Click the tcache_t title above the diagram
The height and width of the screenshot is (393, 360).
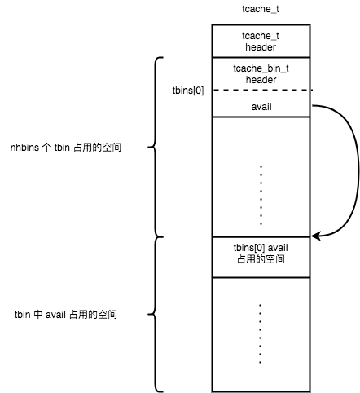point(261,9)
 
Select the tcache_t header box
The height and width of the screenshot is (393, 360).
point(261,41)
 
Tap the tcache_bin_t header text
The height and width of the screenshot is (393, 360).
point(261,74)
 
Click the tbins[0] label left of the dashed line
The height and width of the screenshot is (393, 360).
point(188,91)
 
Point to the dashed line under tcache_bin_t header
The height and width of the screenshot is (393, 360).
point(262,90)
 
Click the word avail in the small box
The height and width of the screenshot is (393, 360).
point(261,107)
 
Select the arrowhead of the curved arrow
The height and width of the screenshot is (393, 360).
point(315,236)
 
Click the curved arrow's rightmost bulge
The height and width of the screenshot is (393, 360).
point(358,170)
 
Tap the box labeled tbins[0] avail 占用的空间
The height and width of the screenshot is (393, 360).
point(261,257)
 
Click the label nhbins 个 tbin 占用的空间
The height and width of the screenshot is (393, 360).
point(66,148)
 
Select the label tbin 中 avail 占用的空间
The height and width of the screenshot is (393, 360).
point(66,315)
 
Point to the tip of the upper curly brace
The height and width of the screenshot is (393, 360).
point(148,148)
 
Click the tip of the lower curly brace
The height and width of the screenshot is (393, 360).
point(148,315)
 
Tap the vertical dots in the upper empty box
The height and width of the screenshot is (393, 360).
point(261,195)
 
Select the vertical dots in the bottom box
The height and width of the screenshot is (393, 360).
point(260,333)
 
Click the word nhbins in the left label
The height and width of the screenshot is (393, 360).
point(24,148)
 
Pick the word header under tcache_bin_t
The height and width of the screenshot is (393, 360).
point(261,80)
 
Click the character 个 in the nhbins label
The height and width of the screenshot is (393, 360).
point(46,148)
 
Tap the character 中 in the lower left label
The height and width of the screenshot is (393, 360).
point(38,315)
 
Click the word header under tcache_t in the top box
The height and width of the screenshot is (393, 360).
point(261,47)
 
